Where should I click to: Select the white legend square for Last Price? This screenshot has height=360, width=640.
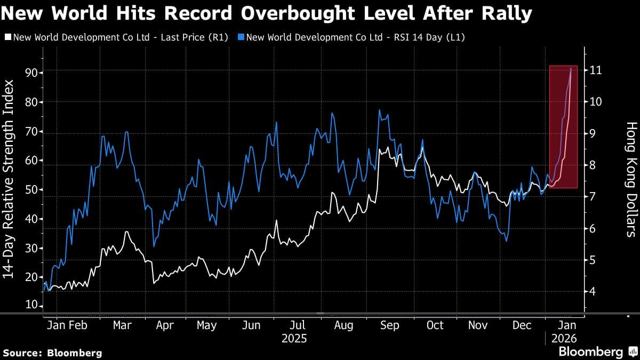point(7,37)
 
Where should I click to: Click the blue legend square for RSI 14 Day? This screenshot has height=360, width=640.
point(242,37)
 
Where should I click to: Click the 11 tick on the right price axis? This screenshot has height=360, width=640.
point(596,70)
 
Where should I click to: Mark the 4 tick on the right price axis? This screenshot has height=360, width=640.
point(593,292)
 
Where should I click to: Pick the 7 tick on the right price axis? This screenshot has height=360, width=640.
point(593,197)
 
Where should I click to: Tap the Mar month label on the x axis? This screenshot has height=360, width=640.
point(123,325)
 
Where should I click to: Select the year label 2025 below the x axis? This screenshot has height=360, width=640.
point(294,339)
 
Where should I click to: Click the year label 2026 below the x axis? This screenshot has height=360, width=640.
point(563,339)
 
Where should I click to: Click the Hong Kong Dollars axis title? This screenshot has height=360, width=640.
point(631,179)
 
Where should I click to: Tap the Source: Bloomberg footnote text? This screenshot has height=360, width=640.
point(52,353)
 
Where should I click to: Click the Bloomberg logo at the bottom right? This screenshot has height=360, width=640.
point(597,351)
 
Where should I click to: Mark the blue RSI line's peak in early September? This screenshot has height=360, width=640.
point(379,110)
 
